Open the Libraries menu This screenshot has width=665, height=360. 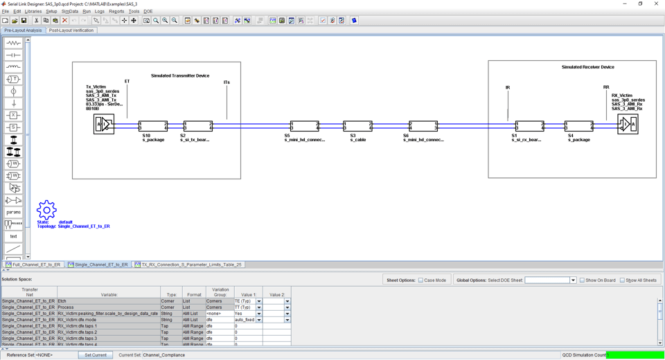[x=33, y=11]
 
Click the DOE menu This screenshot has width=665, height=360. [x=148, y=11]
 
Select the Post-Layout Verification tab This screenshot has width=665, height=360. [x=71, y=30]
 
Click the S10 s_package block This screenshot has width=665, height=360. [x=153, y=126]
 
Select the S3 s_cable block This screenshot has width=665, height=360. [x=358, y=126]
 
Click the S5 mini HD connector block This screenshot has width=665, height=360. [x=305, y=126]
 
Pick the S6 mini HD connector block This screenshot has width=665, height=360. [x=423, y=126]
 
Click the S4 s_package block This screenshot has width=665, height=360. [x=579, y=126]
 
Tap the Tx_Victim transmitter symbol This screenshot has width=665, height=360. [x=104, y=125]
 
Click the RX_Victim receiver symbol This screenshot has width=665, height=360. [x=628, y=125]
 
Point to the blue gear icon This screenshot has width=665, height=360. [x=46, y=210]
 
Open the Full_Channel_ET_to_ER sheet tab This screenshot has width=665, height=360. [x=34, y=264]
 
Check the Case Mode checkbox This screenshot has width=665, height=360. [x=420, y=280]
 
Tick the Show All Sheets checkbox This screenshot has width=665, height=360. [x=622, y=280]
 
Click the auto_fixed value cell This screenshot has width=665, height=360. [x=245, y=320]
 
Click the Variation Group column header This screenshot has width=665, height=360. [x=220, y=292]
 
